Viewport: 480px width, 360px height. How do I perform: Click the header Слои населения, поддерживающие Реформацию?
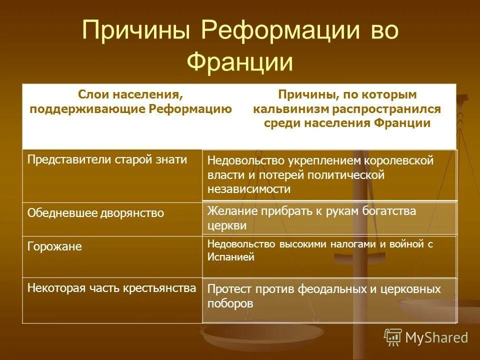point(130,101)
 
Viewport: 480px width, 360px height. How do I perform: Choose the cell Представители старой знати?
point(107,160)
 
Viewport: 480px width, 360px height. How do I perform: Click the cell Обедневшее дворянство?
point(95,213)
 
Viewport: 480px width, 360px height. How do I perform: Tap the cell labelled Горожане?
point(55,246)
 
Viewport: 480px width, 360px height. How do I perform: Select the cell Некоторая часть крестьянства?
point(111,288)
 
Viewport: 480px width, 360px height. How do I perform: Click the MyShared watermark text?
point(436,337)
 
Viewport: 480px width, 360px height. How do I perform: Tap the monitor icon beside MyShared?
point(393,337)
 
